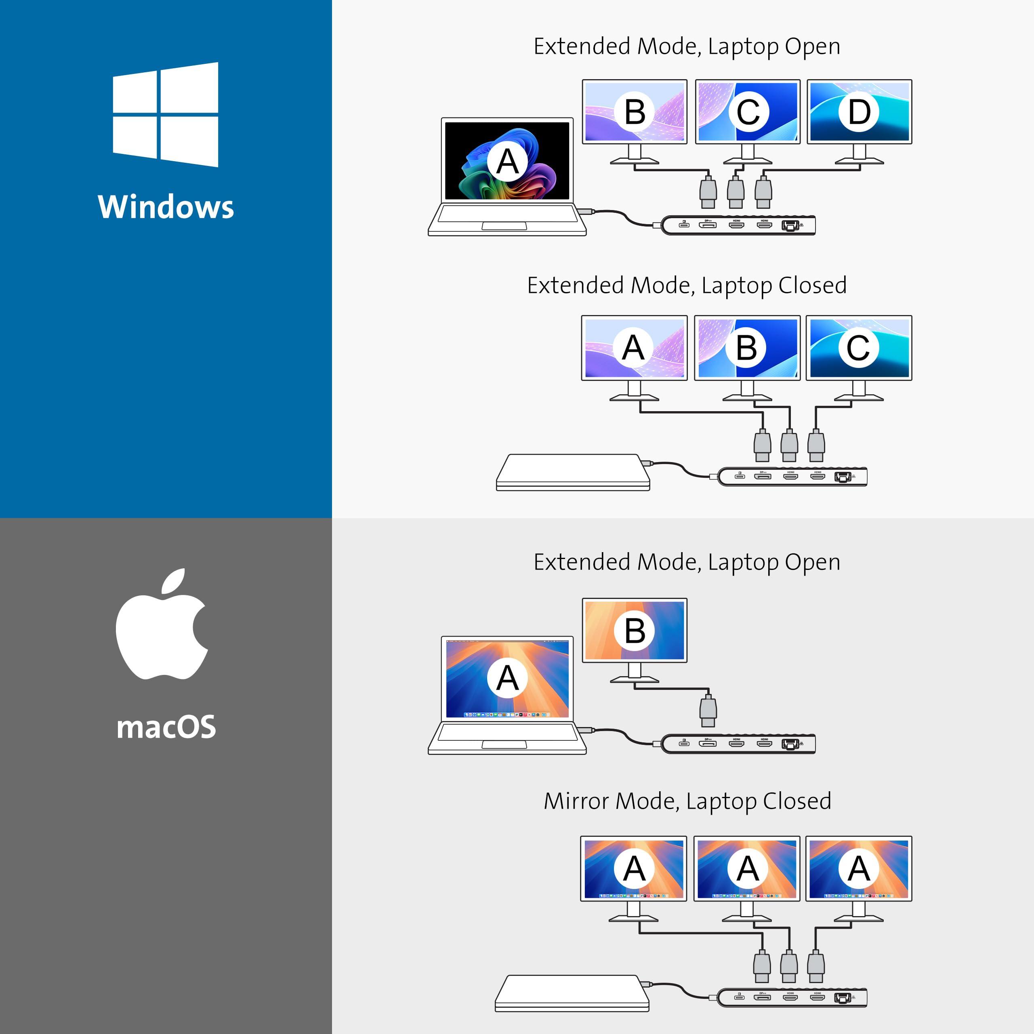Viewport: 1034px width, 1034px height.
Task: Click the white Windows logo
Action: point(165,115)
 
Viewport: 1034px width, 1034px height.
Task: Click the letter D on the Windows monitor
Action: point(858,112)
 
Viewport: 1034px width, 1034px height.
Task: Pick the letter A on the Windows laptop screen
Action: point(507,162)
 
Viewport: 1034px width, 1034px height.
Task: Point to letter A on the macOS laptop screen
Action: point(507,678)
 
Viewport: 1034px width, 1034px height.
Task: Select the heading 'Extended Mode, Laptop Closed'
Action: point(687,285)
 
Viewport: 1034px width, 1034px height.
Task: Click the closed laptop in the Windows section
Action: point(573,472)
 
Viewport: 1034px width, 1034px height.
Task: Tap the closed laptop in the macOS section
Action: point(572,993)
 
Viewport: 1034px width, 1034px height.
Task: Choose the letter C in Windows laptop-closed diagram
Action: point(857,348)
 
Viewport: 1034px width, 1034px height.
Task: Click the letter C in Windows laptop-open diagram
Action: point(748,112)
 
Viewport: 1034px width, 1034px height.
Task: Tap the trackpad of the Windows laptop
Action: point(504,226)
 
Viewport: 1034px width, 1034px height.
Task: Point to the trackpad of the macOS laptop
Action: point(504,744)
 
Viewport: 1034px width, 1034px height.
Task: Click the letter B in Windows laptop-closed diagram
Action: point(746,348)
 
